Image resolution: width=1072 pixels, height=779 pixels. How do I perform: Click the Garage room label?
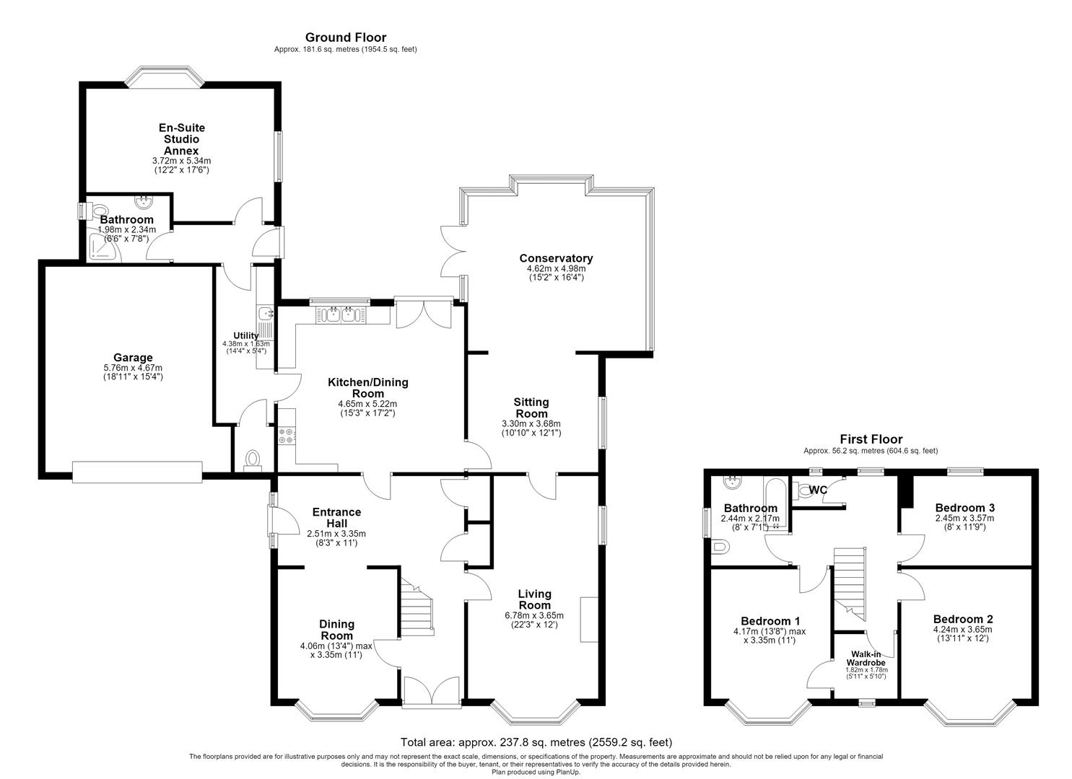tap(133, 357)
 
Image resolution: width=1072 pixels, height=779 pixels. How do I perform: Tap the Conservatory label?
tap(556, 258)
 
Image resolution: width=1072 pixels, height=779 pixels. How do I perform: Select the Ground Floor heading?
tap(346, 38)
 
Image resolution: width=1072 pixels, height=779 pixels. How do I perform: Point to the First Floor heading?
tap(871, 439)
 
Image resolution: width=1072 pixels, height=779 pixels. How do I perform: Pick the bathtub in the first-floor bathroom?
tap(775, 504)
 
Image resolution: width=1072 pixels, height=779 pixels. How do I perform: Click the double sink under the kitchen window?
tap(340, 315)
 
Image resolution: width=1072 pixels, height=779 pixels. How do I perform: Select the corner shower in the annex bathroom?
tap(105, 247)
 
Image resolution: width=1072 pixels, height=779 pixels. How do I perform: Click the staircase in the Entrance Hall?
tap(417, 607)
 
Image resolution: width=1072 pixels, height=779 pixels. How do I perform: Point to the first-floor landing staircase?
tap(850, 584)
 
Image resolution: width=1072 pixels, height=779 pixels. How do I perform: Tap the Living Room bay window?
tap(536, 713)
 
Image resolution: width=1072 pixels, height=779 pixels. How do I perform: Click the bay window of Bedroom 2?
tap(969, 713)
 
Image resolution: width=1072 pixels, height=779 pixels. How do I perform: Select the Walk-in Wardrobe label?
tap(866, 659)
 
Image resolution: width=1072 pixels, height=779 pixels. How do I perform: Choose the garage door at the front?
tap(137, 472)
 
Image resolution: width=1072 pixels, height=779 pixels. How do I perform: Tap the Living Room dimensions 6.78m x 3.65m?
tap(534, 615)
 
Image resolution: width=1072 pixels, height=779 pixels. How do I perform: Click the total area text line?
tap(536, 742)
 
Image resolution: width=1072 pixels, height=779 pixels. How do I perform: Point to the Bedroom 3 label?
tap(964, 507)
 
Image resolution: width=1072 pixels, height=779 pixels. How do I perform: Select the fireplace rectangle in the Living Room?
tap(589, 620)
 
